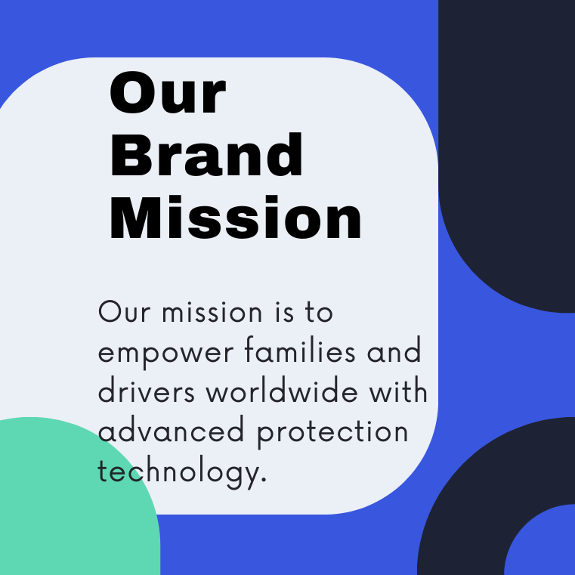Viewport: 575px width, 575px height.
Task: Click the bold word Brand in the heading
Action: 206,154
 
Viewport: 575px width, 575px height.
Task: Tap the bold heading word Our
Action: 168,92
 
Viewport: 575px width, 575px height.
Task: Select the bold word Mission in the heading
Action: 236,218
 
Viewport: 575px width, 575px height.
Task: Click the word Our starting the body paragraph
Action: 125,312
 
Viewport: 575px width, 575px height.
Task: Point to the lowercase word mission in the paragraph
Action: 212,312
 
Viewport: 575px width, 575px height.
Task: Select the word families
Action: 300,350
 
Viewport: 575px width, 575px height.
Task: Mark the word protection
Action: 332,433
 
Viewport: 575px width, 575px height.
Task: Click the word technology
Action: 178,473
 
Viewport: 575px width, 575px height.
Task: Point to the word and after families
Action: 394,350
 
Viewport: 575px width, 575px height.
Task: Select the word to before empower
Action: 319,313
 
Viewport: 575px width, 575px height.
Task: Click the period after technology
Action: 263,479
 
